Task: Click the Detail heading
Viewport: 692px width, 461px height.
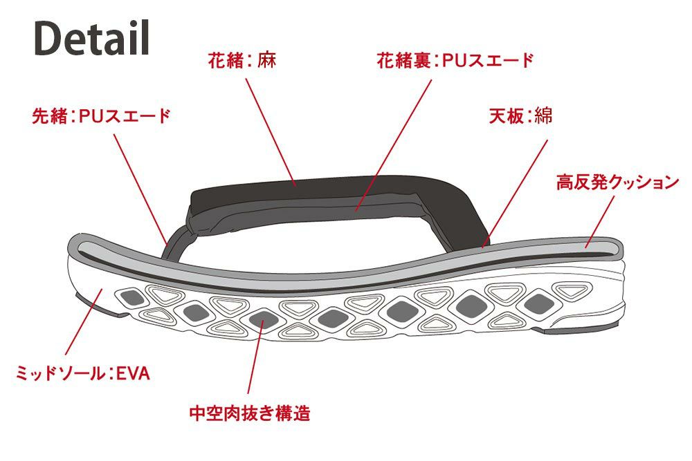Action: pyautogui.click(x=92, y=38)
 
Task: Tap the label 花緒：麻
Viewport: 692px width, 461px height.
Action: pyautogui.click(x=242, y=60)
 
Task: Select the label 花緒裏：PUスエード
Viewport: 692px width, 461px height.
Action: pyautogui.click(x=455, y=60)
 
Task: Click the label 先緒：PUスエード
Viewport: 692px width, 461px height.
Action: pyautogui.click(x=101, y=116)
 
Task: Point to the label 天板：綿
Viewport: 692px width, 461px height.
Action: pyautogui.click(x=521, y=116)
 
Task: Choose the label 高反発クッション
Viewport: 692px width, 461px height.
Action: pyautogui.click(x=617, y=182)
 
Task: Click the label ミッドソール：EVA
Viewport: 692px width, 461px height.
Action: pyautogui.click(x=83, y=373)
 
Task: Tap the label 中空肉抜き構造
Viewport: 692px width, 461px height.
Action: pyautogui.click(x=250, y=413)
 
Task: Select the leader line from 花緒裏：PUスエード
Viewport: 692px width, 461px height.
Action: pyautogui.click(x=394, y=145)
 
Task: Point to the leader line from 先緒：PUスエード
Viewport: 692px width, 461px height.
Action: pyautogui.click(x=140, y=189)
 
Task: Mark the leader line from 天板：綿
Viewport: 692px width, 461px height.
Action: pyautogui.click(x=515, y=194)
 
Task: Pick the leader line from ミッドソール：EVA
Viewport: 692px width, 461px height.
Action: pyautogui.click(x=84, y=321)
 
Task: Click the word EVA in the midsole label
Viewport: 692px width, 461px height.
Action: pyautogui.click(x=133, y=373)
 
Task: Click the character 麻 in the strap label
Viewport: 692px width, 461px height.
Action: pyautogui.click(x=267, y=60)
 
